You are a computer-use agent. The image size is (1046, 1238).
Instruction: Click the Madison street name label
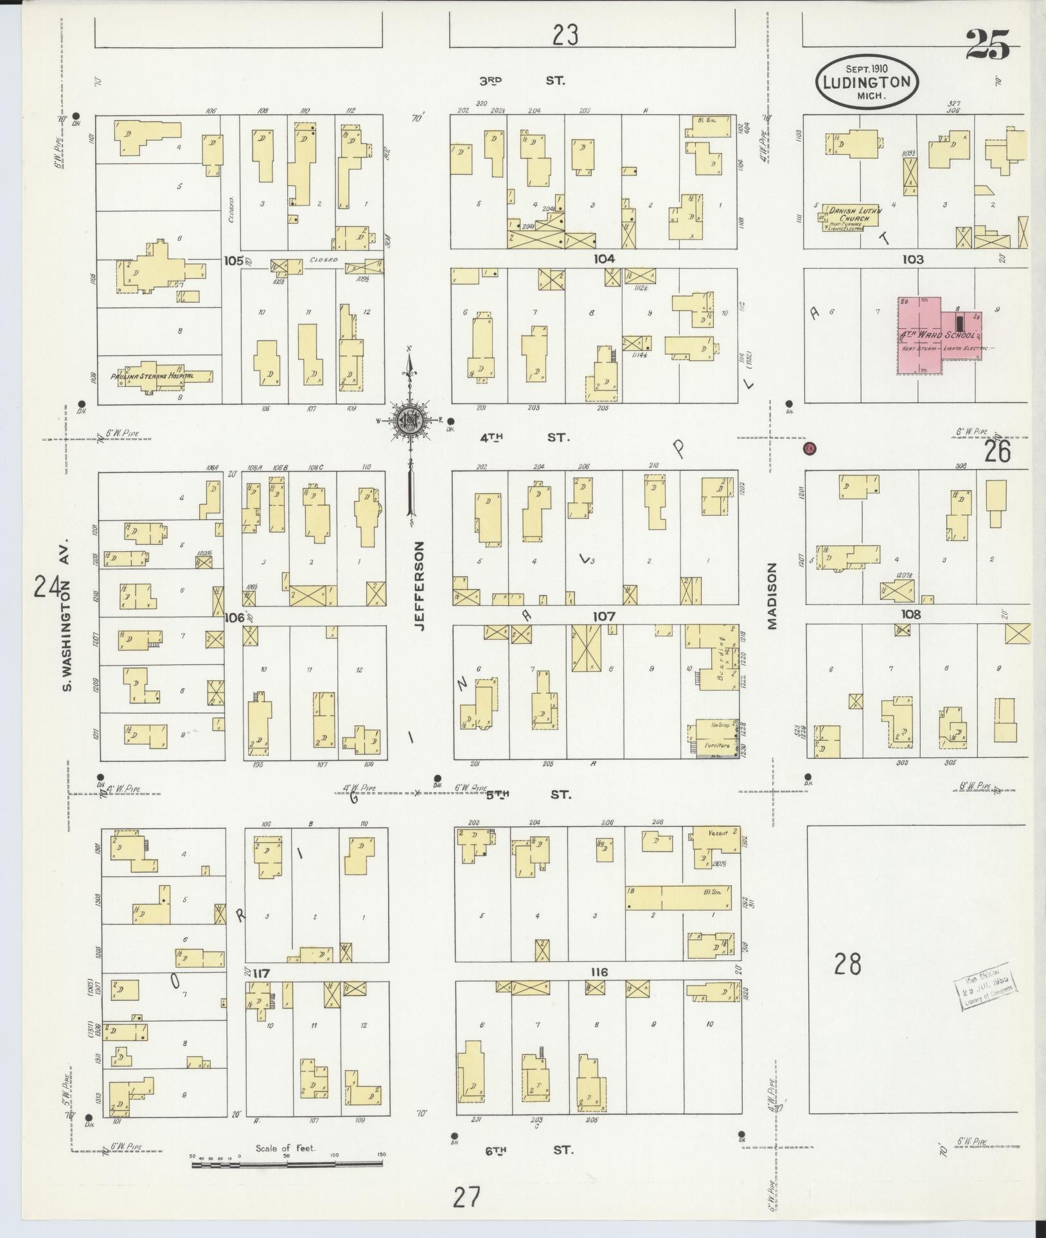pos(772,596)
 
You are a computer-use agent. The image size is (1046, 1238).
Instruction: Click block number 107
pos(604,617)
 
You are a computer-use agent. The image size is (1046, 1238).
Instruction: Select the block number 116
pos(599,972)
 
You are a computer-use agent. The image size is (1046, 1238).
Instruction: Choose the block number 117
pos(261,973)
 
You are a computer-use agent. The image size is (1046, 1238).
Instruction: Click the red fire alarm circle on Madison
pos(810,448)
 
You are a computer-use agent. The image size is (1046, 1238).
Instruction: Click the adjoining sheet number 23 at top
pos(565,35)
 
